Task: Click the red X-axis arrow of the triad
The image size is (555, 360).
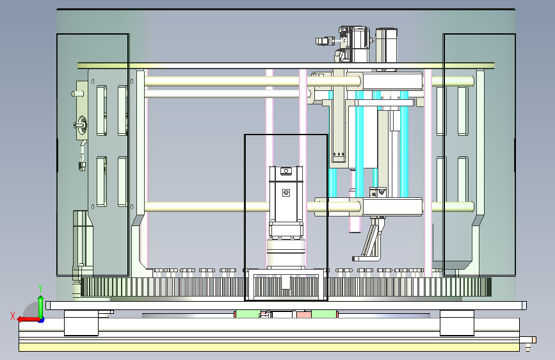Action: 28,320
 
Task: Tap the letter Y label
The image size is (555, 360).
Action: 40,288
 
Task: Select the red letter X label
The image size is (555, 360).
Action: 13,316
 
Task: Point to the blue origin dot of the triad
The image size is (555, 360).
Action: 42,320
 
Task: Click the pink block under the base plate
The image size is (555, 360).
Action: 303,315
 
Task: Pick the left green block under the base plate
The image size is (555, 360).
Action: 248,315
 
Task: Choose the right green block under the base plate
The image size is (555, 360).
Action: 323,315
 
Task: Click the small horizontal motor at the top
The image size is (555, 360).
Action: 325,41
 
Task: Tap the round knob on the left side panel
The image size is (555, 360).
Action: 82,125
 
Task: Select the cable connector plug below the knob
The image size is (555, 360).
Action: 82,165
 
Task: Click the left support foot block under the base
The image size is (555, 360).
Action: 81,323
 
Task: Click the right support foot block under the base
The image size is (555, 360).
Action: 457,323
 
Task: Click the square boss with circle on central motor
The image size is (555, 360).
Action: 286,192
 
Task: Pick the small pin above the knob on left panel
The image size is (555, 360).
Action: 78,94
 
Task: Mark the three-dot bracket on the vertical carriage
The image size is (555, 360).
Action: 339,154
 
